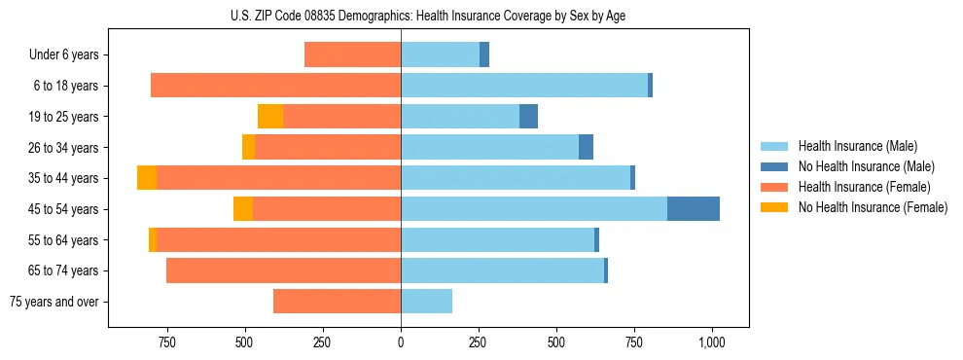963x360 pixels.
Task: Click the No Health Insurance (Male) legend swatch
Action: [x=774, y=166]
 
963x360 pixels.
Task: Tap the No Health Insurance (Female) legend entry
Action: [x=873, y=207]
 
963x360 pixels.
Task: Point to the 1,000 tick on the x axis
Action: [x=712, y=342]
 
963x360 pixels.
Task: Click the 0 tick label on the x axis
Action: [x=401, y=342]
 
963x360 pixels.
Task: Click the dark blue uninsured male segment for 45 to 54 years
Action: [x=694, y=209]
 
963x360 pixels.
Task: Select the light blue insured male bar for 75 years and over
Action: [x=426, y=302]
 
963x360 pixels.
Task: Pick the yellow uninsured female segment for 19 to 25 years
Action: [x=270, y=117]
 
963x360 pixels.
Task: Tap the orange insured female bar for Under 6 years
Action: [x=352, y=55]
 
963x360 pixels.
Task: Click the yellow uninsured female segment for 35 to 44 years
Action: [x=147, y=178]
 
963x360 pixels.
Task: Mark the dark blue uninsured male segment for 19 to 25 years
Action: [x=528, y=117]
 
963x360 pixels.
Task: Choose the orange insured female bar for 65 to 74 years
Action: [x=283, y=270]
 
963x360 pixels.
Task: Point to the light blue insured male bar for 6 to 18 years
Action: [x=524, y=86]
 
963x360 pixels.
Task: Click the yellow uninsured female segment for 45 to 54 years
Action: [x=243, y=209]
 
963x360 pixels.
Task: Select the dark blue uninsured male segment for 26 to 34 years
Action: [x=586, y=148]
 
